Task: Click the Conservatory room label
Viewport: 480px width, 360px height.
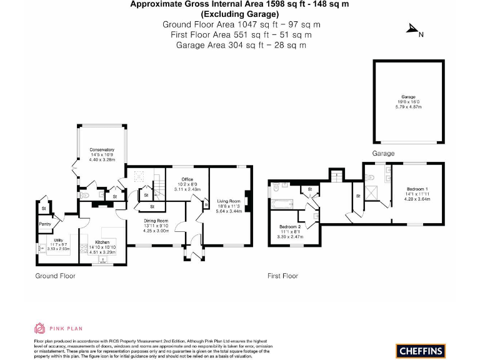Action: pyautogui.click(x=101, y=150)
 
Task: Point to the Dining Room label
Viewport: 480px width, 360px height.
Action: pyautogui.click(x=156, y=221)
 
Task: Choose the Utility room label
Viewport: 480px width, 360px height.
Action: pyautogui.click(x=59, y=239)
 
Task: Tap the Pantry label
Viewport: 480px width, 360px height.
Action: pyautogui.click(x=45, y=224)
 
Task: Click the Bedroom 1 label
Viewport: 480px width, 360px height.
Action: pyautogui.click(x=417, y=189)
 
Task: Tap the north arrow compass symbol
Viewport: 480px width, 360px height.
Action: pyautogui.click(x=413, y=29)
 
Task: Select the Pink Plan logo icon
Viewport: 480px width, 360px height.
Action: pyautogui.click(x=39, y=328)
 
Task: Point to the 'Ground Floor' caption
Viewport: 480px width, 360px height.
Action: pyautogui.click(x=55, y=276)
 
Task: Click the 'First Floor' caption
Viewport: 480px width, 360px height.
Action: pyautogui.click(x=282, y=276)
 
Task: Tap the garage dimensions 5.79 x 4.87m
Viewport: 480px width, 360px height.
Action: pyautogui.click(x=408, y=107)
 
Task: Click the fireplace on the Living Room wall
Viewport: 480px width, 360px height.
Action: pyautogui.click(x=248, y=201)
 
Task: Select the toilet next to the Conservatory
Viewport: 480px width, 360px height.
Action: pyautogui.click(x=87, y=195)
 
